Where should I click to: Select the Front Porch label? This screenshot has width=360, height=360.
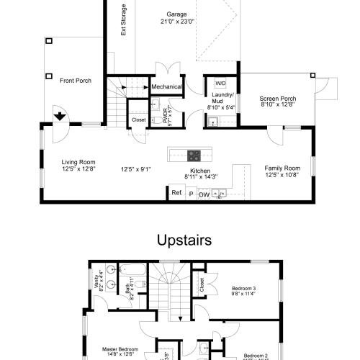pyautogui.click(x=76, y=81)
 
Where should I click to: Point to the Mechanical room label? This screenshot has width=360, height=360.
pyautogui.click(x=167, y=87)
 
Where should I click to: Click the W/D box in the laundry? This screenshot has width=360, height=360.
pyautogui.click(x=220, y=84)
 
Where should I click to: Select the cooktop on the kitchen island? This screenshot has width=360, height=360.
pyautogui.click(x=194, y=154)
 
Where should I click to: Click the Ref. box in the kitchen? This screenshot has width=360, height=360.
pyautogui.click(x=176, y=192)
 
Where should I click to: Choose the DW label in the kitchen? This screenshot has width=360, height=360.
pyautogui.click(x=204, y=194)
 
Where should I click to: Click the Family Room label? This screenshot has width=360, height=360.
pyautogui.click(x=282, y=167)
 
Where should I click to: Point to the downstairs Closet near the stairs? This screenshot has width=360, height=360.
pyautogui.click(x=138, y=120)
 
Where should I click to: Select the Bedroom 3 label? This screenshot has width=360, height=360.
pyautogui.click(x=243, y=288)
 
